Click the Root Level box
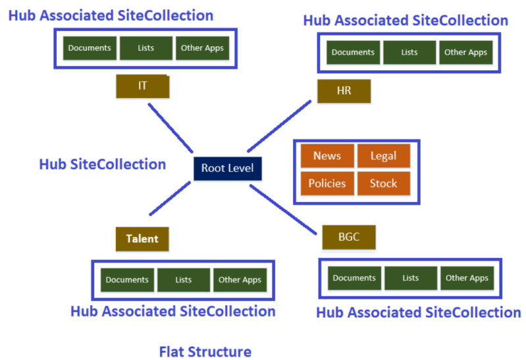[x=227, y=168]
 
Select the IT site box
[x=143, y=86]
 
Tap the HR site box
[x=344, y=91]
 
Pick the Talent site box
[x=142, y=239]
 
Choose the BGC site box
[x=349, y=237]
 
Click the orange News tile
[x=327, y=156]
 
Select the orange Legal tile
[x=383, y=156]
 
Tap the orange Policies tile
[x=327, y=184]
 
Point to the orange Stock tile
[x=383, y=184]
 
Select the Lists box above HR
[x=409, y=53]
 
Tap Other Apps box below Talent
[x=240, y=280]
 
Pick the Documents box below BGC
[x=354, y=278]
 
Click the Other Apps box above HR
[x=465, y=53]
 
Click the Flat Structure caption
[x=205, y=352]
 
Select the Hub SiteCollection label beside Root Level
[x=102, y=165]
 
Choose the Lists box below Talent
[x=184, y=280]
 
